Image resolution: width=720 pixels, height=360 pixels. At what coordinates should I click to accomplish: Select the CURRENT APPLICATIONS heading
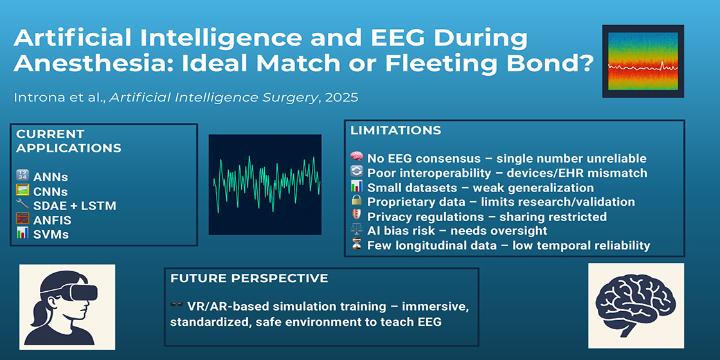click(x=69, y=141)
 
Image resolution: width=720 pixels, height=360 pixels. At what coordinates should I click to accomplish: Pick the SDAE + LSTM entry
click(x=75, y=205)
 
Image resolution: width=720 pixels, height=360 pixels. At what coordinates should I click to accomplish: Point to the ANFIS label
click(x=52, y=220)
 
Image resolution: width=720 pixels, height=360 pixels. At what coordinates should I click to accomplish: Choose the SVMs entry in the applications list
click(x=51, y=234)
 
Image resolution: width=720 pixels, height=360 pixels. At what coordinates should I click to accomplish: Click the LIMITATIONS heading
click(x=395, y=130)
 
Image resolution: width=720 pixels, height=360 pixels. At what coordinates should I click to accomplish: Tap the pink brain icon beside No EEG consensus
click(x=356, y=158)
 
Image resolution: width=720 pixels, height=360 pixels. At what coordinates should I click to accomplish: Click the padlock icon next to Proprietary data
click(x=356, y=202)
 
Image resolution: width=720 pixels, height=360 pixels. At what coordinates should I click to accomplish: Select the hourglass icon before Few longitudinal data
click(x=356, y=245)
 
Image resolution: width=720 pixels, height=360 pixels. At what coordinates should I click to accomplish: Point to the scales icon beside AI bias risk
click(x=356, y=231)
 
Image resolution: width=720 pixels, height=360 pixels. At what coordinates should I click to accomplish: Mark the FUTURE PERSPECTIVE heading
click(x=249, y=278)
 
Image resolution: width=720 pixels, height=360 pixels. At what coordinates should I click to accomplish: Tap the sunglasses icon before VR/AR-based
click(x=176, y=305)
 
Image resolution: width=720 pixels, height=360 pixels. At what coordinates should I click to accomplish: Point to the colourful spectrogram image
click(x=643, y=61)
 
